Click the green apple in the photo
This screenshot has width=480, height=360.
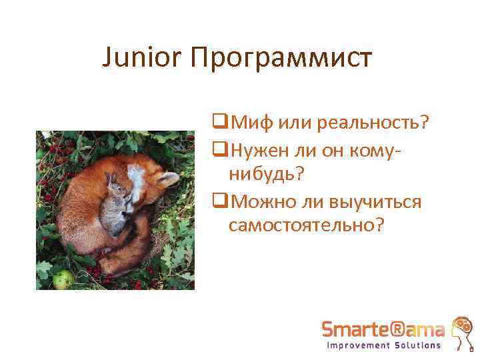(x=63, y=278)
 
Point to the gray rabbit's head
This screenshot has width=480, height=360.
(x=119, y=191)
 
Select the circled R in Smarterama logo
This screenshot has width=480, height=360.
(x=404, y=329)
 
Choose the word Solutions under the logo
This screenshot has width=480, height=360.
(x=417, y=346)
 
